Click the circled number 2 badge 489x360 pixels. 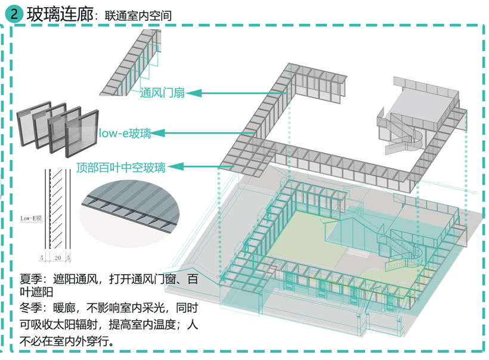point(14,15)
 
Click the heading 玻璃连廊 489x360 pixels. point(60,15)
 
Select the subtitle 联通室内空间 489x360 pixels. point(137,16)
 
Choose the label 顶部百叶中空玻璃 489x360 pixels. point(120,166)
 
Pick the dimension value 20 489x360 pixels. point(57,259)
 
